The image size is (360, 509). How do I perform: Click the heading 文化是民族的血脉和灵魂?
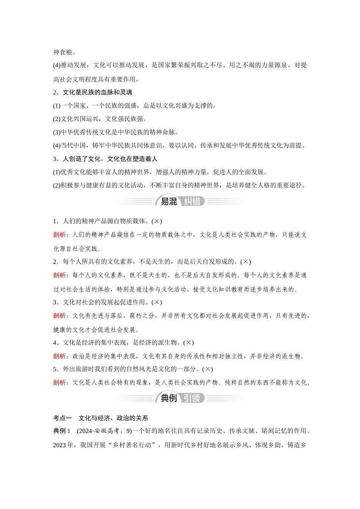[97, 92]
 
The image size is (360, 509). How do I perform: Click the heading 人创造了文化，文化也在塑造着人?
[110, 159]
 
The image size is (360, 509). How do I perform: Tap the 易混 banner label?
[169, 201]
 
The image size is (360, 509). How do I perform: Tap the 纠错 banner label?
[192, 201]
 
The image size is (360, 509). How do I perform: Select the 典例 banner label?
[169, 398]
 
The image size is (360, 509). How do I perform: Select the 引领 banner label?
[192, 398]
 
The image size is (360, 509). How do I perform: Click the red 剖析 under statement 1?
[59, 235]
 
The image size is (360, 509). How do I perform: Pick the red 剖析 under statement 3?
[59, 315]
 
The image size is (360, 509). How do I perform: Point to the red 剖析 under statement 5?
[59, 383]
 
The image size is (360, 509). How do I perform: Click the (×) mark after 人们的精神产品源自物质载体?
[157, 221]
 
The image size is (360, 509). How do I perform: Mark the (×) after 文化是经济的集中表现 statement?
[188, 343]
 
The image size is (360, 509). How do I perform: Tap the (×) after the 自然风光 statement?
[208, 369]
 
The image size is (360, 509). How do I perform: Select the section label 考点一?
[63, 418]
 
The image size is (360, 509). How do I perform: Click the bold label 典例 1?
[62, 431]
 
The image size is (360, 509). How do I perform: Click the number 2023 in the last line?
[60, 445]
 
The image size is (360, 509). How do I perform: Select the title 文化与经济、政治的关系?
[113, 418]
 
